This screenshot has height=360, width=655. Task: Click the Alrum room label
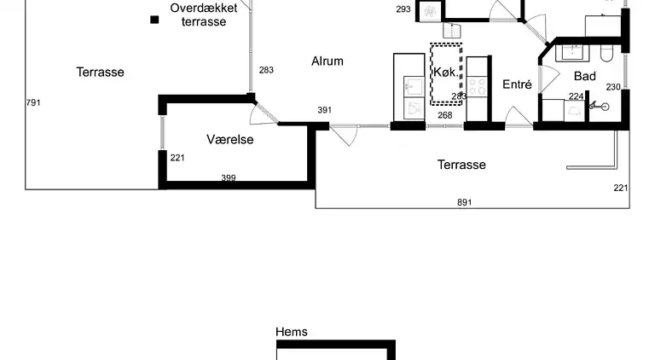click(x=327, y=61)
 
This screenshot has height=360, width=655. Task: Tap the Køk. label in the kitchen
click(x=445, y=72)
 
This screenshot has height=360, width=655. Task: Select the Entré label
click(x=517, y=84)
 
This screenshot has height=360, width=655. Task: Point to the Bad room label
click(x=585, y=76)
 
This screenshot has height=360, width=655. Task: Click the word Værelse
click(x=229, y=139)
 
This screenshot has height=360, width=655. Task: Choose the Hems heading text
click(x=292, y=332)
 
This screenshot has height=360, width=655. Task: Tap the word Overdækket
click(x=204, y=8)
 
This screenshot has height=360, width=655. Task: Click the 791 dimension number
click(x=33, y=102)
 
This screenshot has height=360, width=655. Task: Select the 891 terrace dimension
click(x=464, y=202)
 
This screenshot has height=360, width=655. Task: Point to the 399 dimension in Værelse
click(x=229, y=178)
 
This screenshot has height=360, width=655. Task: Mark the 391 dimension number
click(x=325, y=110)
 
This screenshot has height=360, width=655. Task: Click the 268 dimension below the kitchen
click(x=445, y=115)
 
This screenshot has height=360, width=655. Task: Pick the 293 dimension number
click(x=403, y=9)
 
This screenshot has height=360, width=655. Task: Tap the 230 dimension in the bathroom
click(x=613, y=87)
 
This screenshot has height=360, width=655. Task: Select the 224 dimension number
click(x=576, y=96)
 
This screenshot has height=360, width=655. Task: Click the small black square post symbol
click(x=154, y=20)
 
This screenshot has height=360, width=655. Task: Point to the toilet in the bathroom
click(x=606, y=53)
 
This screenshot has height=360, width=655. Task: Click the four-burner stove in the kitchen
click(x=477, y=86)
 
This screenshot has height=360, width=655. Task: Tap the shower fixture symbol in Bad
click(x=599, y=106)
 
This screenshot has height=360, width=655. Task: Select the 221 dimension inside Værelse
click(x=177, y=158)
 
